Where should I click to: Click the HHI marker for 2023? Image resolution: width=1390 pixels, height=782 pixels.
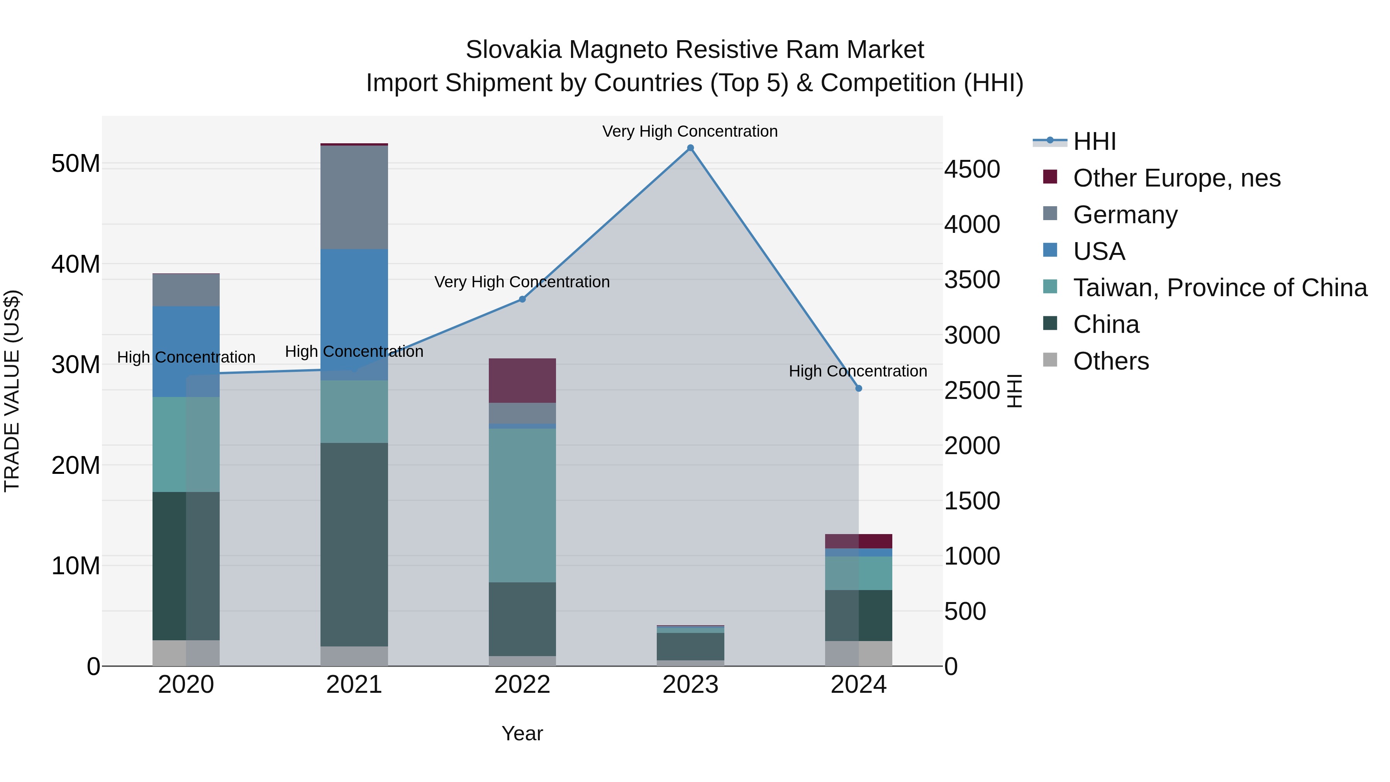690,148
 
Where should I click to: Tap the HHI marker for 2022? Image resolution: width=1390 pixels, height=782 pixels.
522,299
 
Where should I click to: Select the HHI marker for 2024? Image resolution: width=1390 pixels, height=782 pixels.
858,388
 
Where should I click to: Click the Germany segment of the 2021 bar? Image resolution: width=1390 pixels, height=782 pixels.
354,197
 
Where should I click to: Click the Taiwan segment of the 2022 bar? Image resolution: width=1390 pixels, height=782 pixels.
522,505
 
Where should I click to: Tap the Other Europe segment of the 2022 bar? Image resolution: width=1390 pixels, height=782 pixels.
522,380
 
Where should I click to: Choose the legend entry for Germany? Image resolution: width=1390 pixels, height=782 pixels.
1125,215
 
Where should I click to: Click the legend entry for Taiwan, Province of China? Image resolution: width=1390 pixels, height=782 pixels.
1219,288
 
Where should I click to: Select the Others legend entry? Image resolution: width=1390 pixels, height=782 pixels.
1110,361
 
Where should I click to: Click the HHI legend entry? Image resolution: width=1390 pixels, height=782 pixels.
1094,141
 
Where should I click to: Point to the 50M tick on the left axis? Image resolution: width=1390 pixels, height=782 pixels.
76,163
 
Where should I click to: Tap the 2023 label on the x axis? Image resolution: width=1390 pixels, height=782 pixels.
690,685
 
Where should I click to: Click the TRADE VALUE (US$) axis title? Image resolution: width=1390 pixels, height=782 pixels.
12,391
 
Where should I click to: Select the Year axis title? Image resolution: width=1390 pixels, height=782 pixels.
522,733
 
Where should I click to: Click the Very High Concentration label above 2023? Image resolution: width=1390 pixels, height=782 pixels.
690,131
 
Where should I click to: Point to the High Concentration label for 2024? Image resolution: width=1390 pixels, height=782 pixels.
858,371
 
